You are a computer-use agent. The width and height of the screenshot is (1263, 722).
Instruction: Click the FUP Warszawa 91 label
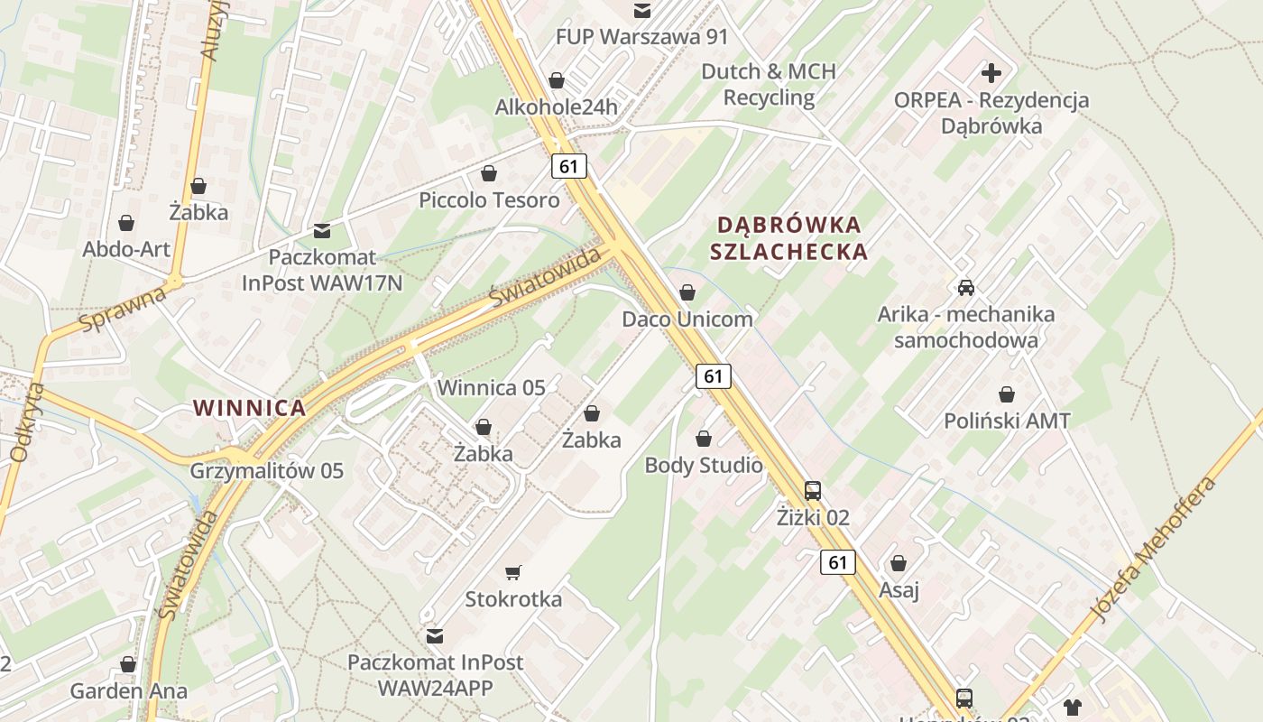[641, 37]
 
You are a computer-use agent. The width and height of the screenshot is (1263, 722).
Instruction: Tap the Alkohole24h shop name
[556, 107]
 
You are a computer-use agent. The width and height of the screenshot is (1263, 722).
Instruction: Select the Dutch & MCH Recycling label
[769, 84]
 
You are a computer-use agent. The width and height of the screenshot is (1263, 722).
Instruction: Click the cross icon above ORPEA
[991, 73]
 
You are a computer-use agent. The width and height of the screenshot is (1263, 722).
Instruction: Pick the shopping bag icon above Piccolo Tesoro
[489, 173]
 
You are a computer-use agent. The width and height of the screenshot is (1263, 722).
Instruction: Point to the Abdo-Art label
[126, 249]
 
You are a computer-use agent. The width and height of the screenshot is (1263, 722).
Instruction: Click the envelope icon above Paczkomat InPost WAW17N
[321, 231]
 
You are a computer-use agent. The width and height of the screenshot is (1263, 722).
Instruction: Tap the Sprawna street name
[123, 309]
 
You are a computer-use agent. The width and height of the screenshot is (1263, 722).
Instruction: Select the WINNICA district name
[250, 408]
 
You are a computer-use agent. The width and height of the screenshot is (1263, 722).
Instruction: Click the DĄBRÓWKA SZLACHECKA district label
[788, 237]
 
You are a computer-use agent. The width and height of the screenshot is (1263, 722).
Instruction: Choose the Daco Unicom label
[687, 319]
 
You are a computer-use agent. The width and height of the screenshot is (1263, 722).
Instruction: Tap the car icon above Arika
[966, 288]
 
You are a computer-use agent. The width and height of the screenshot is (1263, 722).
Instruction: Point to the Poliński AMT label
[1007, 421]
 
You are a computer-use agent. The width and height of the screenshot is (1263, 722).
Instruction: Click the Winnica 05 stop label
[492, 388]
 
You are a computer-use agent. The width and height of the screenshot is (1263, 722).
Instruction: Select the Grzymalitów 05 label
[267, 471]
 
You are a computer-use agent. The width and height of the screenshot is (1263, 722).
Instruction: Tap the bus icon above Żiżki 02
[813, 491]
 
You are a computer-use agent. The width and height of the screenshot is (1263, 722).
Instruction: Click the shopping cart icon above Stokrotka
[513, 572]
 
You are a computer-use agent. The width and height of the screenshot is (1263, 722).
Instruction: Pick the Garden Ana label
[129, 691]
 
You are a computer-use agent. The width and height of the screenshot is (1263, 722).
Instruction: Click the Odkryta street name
[26, 422]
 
